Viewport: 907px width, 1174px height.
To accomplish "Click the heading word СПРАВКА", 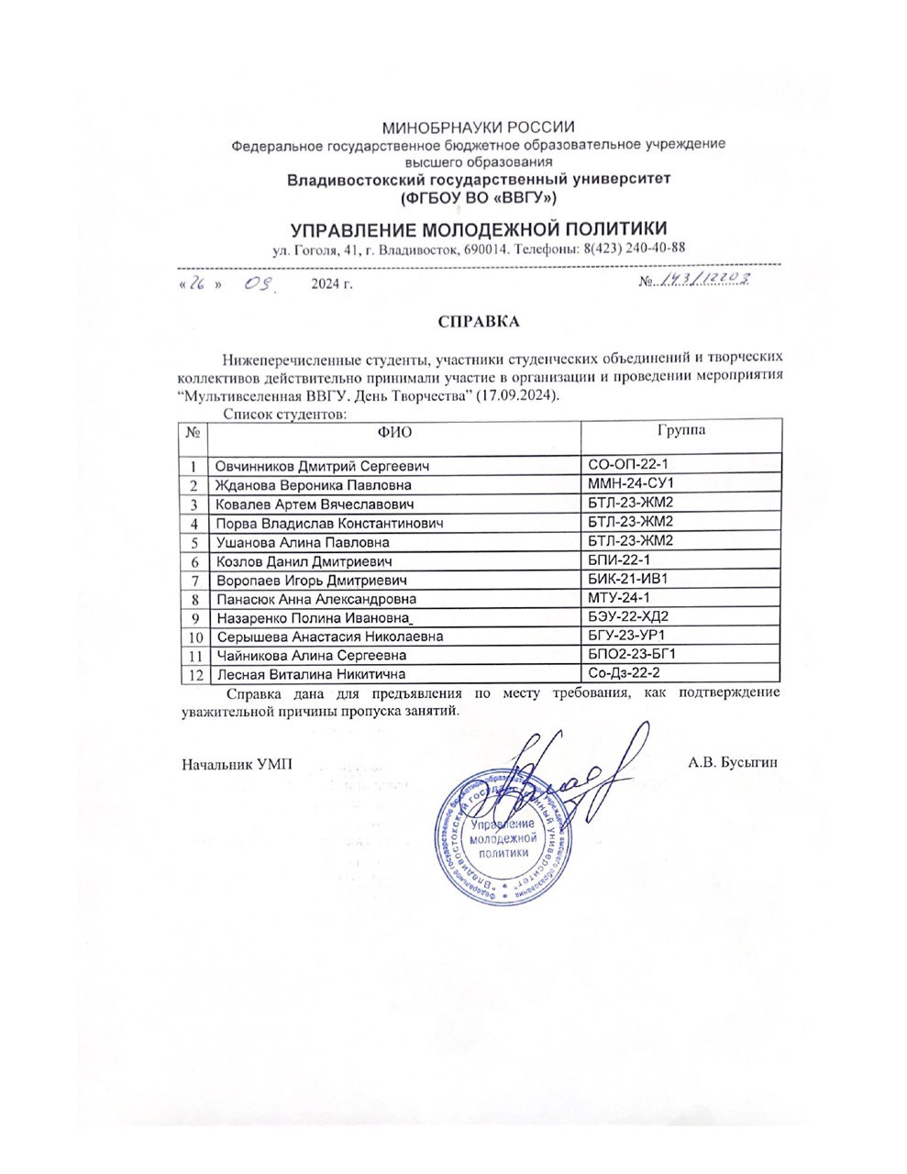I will (478, 321).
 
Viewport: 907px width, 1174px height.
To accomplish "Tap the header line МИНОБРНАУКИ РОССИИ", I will (478, 127).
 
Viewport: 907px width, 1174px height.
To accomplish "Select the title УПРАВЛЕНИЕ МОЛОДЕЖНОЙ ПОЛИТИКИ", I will (478, 228).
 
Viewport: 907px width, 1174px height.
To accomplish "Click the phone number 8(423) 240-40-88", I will (634, 249).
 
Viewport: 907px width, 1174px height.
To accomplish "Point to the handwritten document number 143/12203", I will (706, 281).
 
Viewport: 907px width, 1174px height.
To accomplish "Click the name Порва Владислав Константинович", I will (329, 523).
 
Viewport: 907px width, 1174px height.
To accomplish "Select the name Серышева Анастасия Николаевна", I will (329, 637).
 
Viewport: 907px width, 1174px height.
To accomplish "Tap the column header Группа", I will (680, 429).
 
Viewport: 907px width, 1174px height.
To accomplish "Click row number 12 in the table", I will (194, 675).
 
